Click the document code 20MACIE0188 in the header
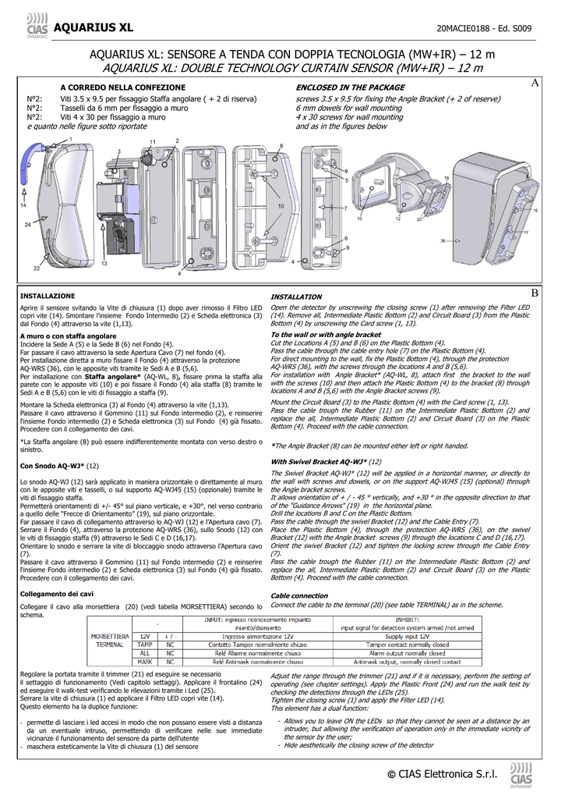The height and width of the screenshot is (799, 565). [x=461, y=29]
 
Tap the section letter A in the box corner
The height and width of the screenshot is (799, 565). [x=535, y=83]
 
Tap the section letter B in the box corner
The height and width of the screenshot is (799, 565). [x=535, y=292]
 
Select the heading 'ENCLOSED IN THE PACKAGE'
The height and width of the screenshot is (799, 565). [x=350, y=88]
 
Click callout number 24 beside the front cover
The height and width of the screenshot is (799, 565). [x=27, y=224]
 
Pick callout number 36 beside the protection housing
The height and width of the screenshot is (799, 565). [x=443, y=241]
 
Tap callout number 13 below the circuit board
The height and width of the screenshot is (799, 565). [x=104, y=264]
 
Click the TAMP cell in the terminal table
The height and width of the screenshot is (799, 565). [x=145, y=645]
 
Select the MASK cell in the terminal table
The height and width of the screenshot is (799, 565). [x=145, y=661]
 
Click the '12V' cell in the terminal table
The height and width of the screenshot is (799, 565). [x=145, y=637]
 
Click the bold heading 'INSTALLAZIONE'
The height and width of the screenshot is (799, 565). [x=48, y=297]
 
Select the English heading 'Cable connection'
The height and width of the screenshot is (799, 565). [x=298, y=595]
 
